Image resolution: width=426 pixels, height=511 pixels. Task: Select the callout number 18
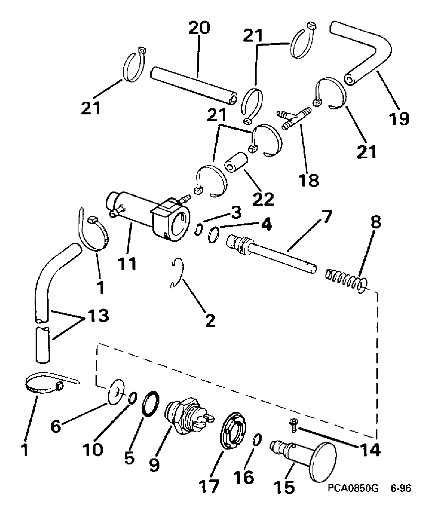(309, 181)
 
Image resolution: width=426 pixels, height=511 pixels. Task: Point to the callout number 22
(263, 199)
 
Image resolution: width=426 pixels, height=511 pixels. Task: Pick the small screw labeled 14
(293, 426)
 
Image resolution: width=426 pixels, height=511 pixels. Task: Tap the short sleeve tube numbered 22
(236, 162)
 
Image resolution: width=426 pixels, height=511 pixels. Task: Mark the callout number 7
(325, 216)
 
